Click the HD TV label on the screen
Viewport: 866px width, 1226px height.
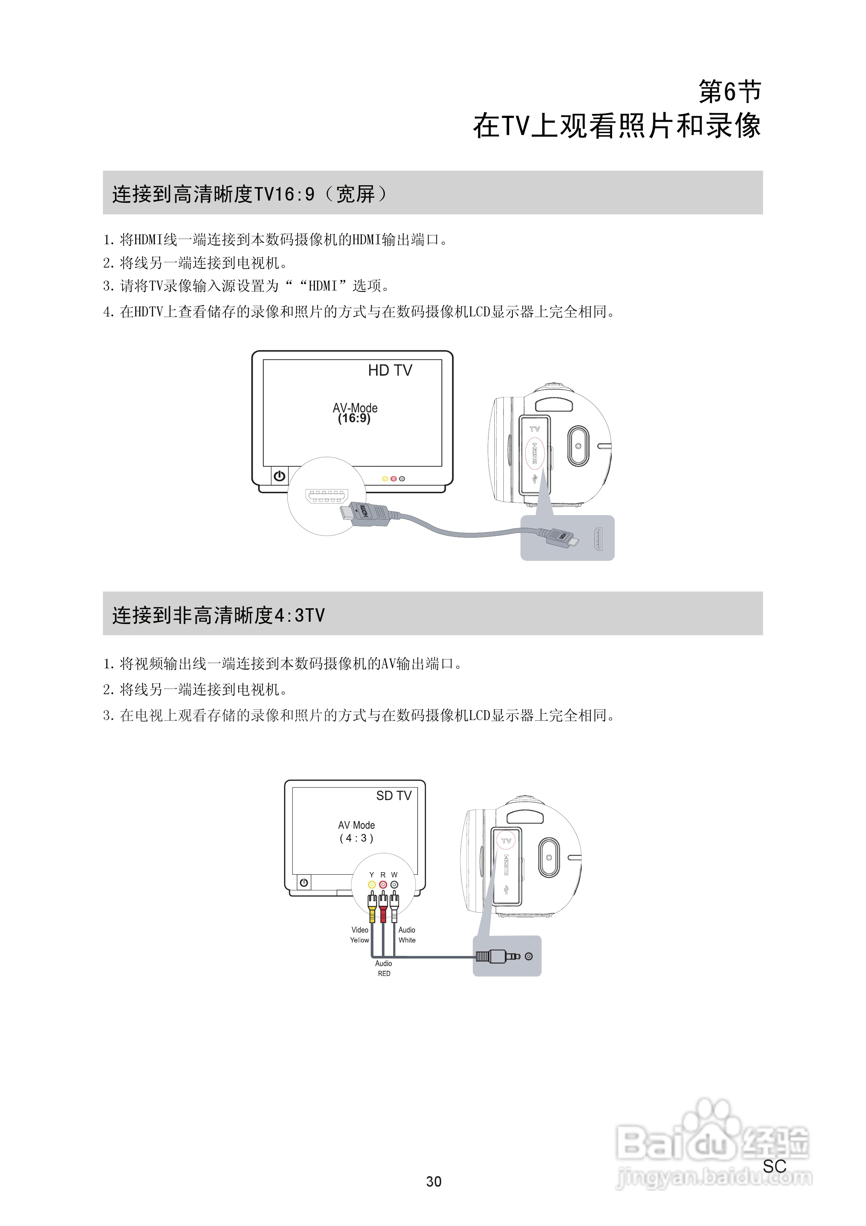[x=390, y=371]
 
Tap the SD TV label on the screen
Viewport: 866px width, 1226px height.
[x=394, y=796]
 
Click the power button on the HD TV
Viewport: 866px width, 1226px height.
[x=279, y=476]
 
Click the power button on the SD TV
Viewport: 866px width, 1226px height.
[x=304, y=883]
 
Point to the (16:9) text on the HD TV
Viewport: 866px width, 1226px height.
[x=354, y=419]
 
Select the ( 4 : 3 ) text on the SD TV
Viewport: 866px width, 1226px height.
[x=356, y=838]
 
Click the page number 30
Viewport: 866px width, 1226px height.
[x=433, y=1182]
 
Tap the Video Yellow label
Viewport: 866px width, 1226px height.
[x=360, y=935]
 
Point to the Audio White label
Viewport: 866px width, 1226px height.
[x=407, y=935]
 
